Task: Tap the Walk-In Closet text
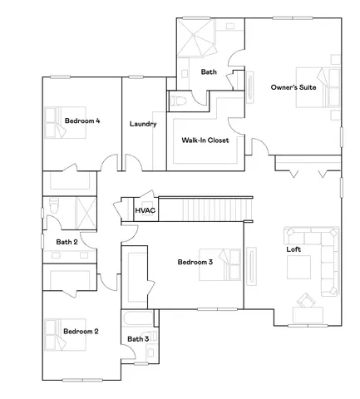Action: pyautogui.click(x=205, y=140)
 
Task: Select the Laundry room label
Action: pyautogui.click(x=143, y=124)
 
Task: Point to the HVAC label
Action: pyautogui.click(x=145, y=211)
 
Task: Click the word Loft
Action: pyautogui.click(x=293, y=249)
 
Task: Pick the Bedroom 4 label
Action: pyautogui.click(x=82, y=121)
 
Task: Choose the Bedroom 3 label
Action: pyautogui.click(x=195, y=262)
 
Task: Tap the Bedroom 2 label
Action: pyautogui.click(x=81, y=331)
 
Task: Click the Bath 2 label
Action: pyautogui.click(x=67, y=242)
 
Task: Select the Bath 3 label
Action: pyautogui.click(x=138, y=338)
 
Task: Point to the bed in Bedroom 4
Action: pyautogui.click(x=55, y=121)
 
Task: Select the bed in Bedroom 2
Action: pyautogui.click(x=55, y=332)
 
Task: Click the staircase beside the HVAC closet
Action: pyautogui.click(x=205, y=209)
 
